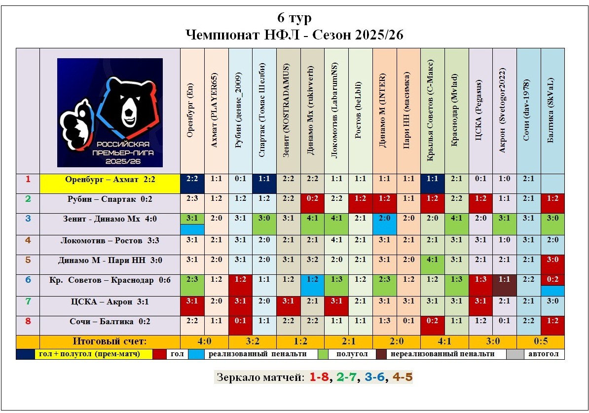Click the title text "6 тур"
[294, 18]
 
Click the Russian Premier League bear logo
[110, 113]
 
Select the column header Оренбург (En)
[192, 111]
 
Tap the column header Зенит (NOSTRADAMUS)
[289, 111]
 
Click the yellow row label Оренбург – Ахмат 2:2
[110, 180]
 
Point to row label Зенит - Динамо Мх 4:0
[110, 219]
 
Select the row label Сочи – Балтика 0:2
[110, 322]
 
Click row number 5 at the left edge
[28, 260]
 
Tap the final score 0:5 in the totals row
[541, 341]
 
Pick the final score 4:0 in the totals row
[204, 341]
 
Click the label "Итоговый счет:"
[110, 341]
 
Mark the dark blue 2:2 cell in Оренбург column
[192, 180]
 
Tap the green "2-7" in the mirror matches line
[346, 378]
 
